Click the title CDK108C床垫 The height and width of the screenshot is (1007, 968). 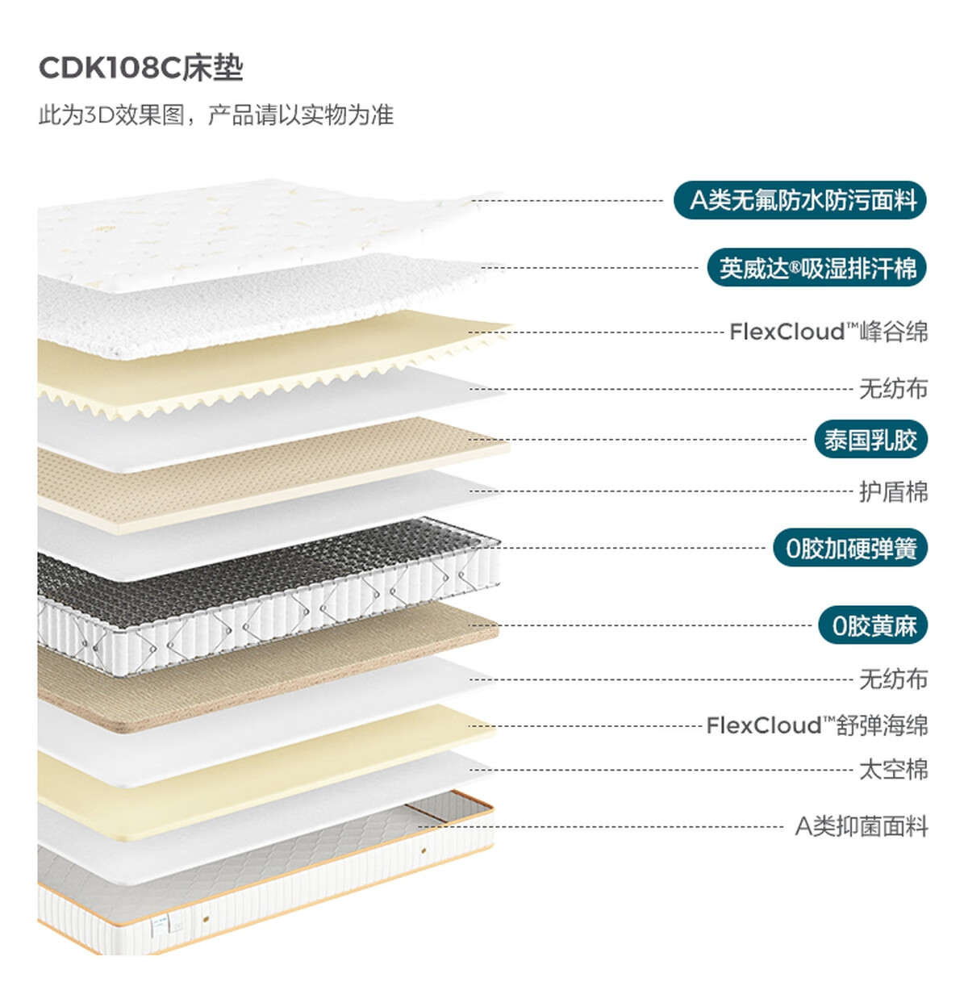(140, 68)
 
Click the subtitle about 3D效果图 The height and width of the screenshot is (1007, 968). (215, 115)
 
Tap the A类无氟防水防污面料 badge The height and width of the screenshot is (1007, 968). (800, 200)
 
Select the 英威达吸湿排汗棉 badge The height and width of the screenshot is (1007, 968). (817, 268)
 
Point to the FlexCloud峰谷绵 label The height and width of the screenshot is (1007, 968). (828, 332)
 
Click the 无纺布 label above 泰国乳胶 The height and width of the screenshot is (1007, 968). (894, 389)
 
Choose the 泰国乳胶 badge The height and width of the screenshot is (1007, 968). (870, 439)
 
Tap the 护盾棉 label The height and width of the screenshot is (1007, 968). (894, 491)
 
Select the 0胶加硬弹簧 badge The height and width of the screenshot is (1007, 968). (850, 548)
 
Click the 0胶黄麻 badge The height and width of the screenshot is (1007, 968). (873, 625)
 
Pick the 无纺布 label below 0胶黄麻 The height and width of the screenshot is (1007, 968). (894, 679)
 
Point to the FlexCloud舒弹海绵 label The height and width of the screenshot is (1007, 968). (817, 725)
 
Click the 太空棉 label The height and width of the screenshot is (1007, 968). (894, 770)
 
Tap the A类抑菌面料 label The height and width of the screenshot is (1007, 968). (862, 826)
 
